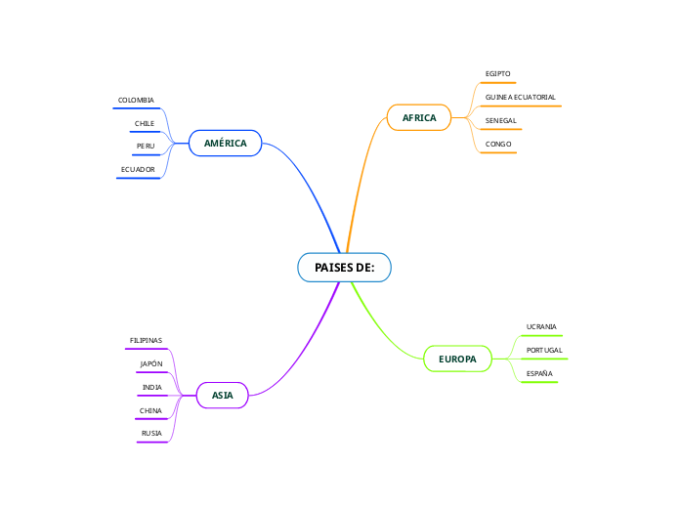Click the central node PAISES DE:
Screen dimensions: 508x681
click(x=344, y=267)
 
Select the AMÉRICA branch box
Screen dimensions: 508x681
click(x=225, y=144)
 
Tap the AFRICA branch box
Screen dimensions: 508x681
click(x=419, y=118)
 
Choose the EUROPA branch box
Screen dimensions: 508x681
click(x=457, y=360)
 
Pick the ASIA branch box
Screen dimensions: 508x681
click(x=223, y=395)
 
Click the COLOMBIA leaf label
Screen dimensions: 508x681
click(x=136, y=101)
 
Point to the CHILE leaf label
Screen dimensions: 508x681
click(x=145, y=124)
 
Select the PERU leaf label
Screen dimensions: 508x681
click(x=146, y=147)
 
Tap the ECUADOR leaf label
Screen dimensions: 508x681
click(x=138, y=170)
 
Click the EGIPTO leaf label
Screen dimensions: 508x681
click(x=497, y=74)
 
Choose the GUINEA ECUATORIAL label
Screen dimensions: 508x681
click(x=520, y=98)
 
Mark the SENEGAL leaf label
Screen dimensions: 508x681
click(x=500, y=121)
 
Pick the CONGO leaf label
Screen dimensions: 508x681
click(x=498, y=145)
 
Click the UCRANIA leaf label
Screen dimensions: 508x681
click(x=541, y=326)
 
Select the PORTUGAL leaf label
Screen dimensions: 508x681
click(x=543, y=350)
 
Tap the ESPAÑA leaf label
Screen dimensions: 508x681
click(x=539, y=373)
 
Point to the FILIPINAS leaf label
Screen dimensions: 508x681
click(x=146, y=341)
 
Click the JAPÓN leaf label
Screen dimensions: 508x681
click(x=151, y=364)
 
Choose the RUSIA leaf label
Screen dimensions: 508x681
click(x=151, y=433)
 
